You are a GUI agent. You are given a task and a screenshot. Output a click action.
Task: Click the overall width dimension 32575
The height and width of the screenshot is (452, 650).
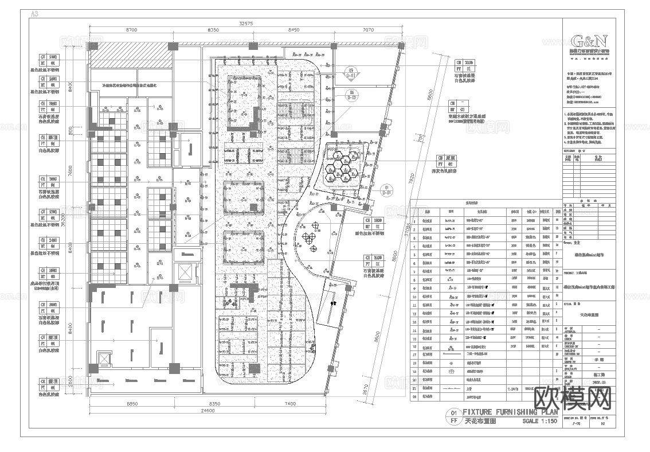tap(245, 23)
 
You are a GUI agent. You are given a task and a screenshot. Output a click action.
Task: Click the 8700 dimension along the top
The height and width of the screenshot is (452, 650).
tap(131, 29)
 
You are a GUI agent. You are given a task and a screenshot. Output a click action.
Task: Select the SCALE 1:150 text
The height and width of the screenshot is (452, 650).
tap(539, 421)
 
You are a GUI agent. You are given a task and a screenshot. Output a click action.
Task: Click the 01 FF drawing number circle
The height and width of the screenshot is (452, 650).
tap(454, 416)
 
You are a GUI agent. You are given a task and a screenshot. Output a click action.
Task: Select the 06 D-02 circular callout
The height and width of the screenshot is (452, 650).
tap(351, 95)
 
